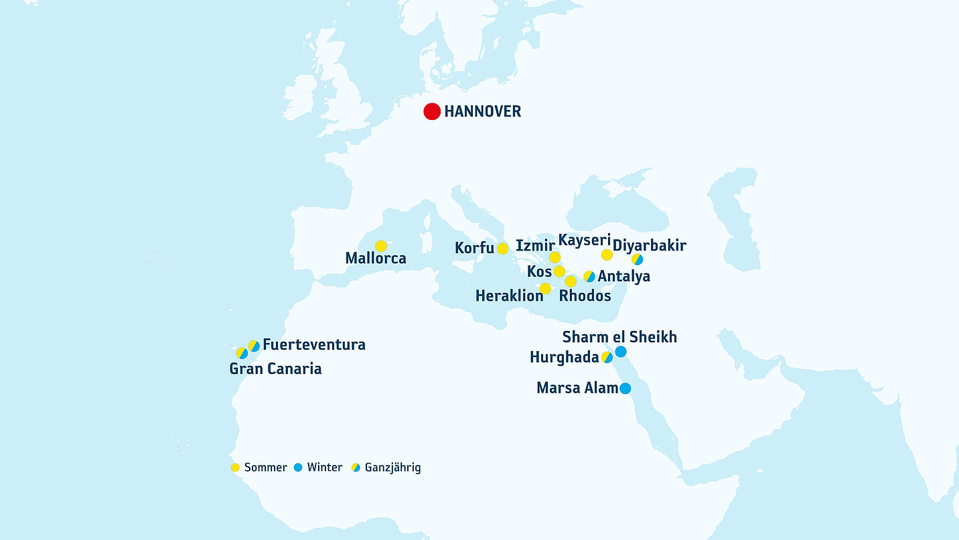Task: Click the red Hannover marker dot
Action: (x=432, y=112)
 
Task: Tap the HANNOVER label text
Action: (x=482, y=112)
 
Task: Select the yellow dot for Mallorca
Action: (x=381, y=246)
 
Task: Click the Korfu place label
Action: (x=474, y=249)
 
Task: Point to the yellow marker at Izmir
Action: (x=555, y=257)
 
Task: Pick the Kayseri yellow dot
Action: (x=607, y=255)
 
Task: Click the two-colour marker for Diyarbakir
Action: (x=638, y=259)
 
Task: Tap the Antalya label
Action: (x=623, y=276)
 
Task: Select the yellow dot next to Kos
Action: (x=559, y=271)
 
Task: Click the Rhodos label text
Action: (x=585, y=295)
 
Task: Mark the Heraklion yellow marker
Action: (x=545, y=289)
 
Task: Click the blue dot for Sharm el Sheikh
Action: (x=621, y=352)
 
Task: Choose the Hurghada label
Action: (x=564, y=358)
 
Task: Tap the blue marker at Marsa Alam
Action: (x=625, y=388)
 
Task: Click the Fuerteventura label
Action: (x=314, y=345)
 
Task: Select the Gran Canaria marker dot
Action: (x=242, y=353)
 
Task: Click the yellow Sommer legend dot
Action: (x=235, y=468)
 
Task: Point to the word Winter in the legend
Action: (x=324, y=468)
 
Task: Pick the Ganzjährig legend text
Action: (x=392, y=468)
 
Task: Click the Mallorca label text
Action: (x=376, y=259)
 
